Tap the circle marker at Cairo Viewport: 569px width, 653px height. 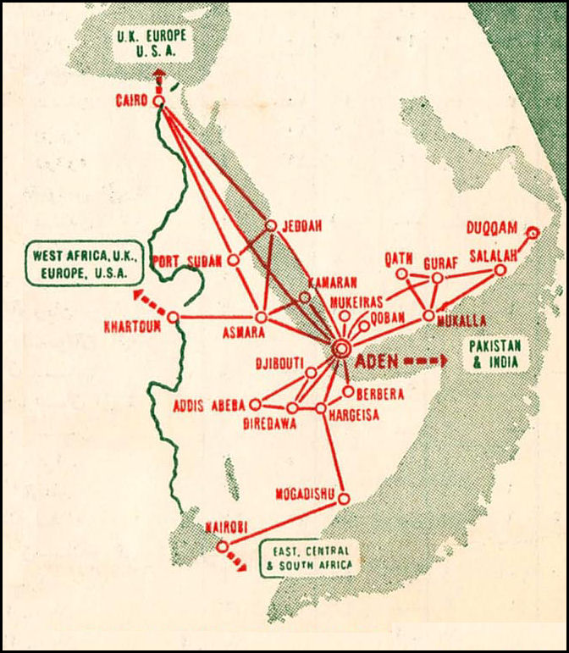pyautogui.click(x=158, y=102)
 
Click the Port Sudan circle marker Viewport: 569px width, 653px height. pyautogui.click(x=234, y=261)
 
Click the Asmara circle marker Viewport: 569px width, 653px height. pyautogui.click(x=261, y=317)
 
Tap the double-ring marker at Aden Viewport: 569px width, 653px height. pyautogui.click(x=341, y=347)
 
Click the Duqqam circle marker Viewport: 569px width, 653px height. pyautogui.click(x=532, y=232)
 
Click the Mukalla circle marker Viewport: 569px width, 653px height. pyautogui.click(x=429, y=316)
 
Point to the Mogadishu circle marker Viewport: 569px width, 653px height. pyautogui.click(x=343, y=499)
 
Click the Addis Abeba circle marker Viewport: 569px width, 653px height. pyautogui.click(x=255, y=405)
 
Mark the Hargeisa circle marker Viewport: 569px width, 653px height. pyautogui.click(x=321, y=408)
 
